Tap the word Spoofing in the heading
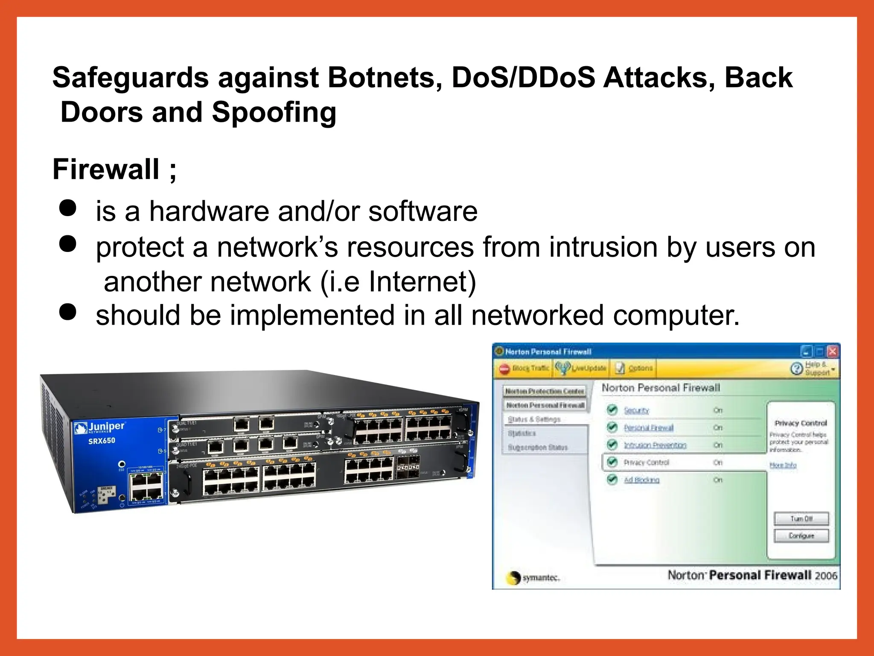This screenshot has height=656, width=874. [274, 112]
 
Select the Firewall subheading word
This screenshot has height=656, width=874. [106, 169]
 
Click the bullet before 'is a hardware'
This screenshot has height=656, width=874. [68, 208]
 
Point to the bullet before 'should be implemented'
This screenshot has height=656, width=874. [68, 312]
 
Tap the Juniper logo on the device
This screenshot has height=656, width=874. [100, 427]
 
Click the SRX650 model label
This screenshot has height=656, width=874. [102, 441]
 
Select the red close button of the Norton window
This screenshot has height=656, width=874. [832, 351]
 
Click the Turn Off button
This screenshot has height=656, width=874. [801, 519]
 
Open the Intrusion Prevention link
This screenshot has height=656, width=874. [655, 445]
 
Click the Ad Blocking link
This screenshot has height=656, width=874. [641, 480]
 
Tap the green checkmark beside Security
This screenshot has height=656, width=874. [612, 410]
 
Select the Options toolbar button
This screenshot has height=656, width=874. [634, 368]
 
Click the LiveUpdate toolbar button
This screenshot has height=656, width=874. [581, 368]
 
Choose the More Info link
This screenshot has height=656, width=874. [783, 465]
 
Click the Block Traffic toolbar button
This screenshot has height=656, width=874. [524, 368]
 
